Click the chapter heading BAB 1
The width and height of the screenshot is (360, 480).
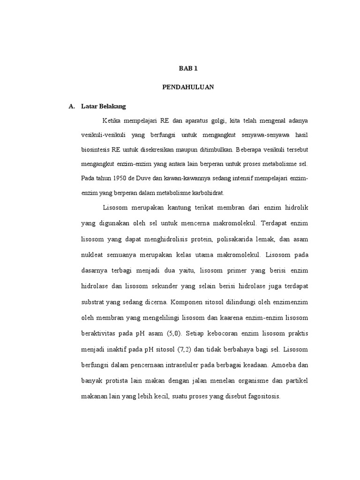188,68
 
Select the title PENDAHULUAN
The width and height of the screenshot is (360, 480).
188,88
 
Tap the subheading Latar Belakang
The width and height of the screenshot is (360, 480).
100,106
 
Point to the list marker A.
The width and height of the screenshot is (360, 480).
72,106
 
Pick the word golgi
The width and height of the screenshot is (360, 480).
217,121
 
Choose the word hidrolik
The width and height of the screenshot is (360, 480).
294,207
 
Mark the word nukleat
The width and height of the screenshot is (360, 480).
92,255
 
